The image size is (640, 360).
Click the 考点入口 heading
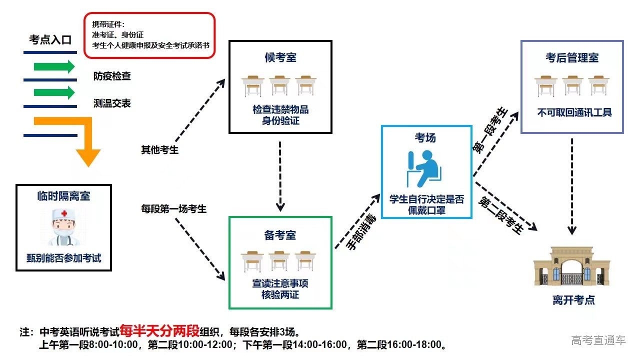(50, 39)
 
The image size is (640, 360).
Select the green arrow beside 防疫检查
(54, 66)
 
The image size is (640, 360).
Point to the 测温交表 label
(112, 103)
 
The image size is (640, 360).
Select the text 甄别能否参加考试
(63, 258)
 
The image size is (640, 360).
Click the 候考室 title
(280, 57)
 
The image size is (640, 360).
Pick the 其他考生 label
(159, 149)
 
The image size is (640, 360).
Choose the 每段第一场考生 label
(173, 208)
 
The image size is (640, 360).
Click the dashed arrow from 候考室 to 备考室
(280, 175)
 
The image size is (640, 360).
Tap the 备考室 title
(280, 235)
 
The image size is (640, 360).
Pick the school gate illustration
(573, 267)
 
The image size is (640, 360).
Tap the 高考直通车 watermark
(598, 340)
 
